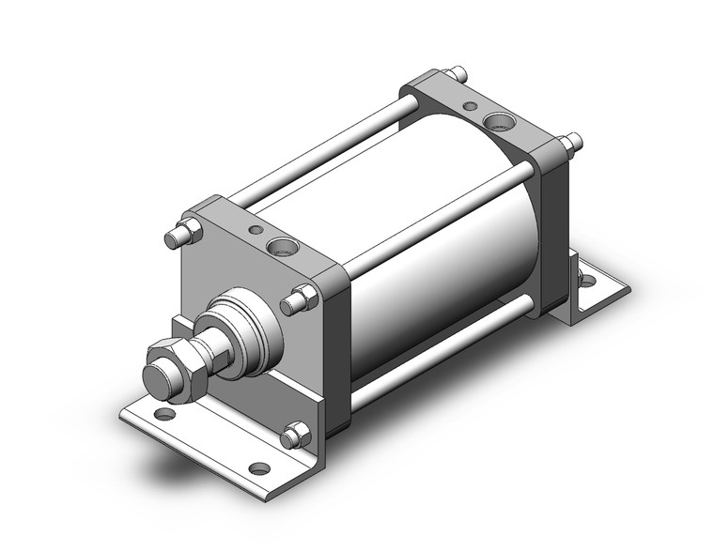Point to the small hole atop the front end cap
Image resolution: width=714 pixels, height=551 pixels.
254,229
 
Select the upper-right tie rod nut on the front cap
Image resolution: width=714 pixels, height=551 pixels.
300,300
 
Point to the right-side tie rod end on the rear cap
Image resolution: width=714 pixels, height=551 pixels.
569,143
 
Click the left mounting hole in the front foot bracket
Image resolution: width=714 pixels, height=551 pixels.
165,413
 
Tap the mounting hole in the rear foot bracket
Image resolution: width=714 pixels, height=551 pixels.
587,278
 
